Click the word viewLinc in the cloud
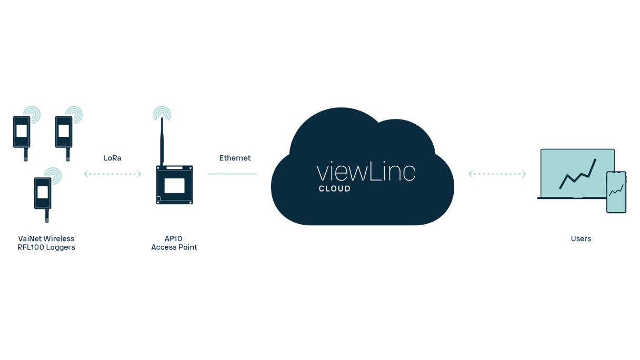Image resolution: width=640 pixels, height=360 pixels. coord(366,172)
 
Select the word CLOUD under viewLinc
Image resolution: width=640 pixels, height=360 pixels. coord(335,189)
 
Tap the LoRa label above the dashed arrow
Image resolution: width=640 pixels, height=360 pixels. coord(113,157)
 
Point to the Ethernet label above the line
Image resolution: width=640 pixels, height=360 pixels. coord(235,157)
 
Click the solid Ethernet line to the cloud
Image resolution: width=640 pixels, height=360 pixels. coord(232,173)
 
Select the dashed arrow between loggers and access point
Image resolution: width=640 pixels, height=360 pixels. coord(113,174)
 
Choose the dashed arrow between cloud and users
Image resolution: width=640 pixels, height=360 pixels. coord(497,174)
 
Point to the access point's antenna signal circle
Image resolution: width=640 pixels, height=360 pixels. coord(162,113)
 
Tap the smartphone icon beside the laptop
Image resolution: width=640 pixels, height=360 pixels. coord(616,192)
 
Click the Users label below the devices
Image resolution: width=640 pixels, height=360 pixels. coord(581,238)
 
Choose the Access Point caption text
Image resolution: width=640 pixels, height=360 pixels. coord(174,243)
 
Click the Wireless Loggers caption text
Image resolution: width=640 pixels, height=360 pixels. coord(46,243)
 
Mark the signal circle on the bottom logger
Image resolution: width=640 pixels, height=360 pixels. coord(53,174)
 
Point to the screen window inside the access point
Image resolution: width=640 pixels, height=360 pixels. coord(174,186)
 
